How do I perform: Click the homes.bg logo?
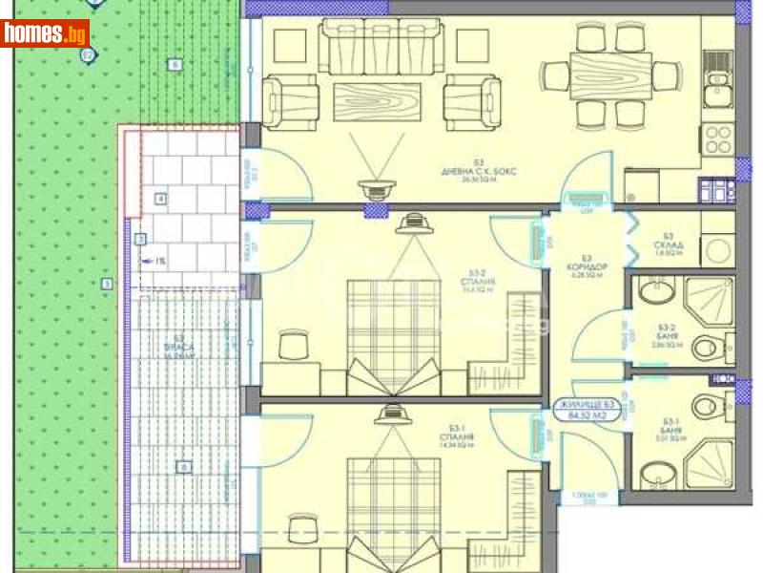pos(45,34)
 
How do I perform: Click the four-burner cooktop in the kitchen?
pos(717,140)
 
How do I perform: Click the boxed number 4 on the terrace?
pos(160,199)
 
